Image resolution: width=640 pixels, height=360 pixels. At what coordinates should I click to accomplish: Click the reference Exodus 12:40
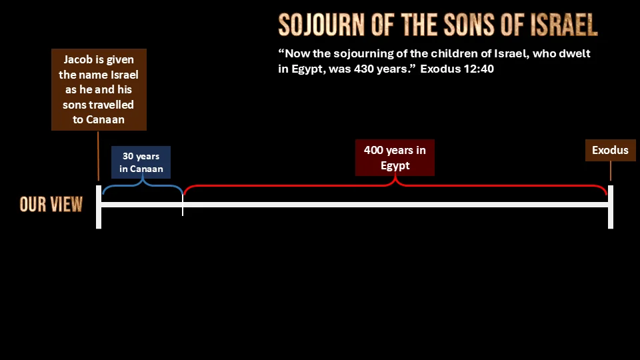pos(457,69)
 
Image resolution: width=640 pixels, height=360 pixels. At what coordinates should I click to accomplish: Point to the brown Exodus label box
pos(610,150)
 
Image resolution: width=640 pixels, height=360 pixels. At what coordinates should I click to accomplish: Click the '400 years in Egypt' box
pos(395,157)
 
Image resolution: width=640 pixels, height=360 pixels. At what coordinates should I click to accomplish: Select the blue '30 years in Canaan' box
pos(141,162)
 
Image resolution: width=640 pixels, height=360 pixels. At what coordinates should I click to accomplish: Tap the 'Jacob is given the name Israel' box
pos(99,90)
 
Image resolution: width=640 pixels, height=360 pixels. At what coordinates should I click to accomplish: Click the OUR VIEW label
pos(51,204)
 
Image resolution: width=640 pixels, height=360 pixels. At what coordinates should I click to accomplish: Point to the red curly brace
pos(395,185)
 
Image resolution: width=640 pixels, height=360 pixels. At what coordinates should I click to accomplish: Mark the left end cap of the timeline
pos(99,207)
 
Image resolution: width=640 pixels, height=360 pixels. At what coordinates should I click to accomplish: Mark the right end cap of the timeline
pos(611,207)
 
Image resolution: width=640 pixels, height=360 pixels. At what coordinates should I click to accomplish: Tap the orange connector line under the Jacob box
pos(98,155)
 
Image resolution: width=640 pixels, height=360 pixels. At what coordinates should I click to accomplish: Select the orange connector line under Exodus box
pos(611,171)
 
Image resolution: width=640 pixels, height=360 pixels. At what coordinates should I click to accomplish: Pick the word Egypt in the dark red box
pos(395,166)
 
